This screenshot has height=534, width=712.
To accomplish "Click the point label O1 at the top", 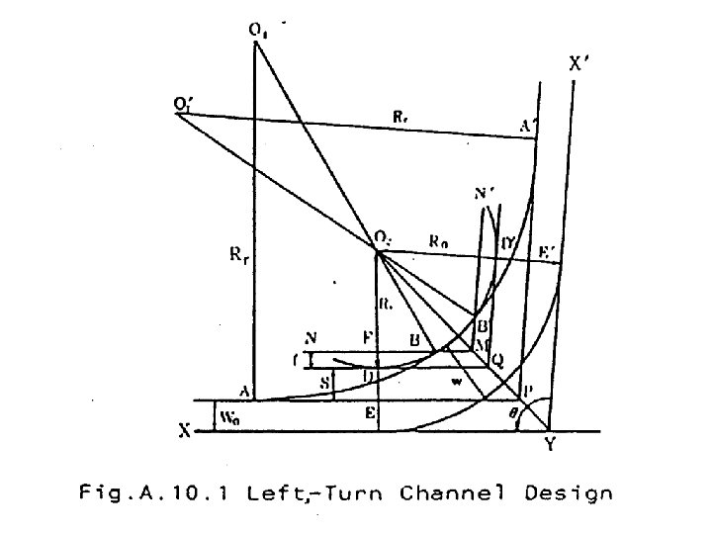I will pyautogui.click(x=257, y=32).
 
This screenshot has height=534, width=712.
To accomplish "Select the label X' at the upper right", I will pyautogui.click(x=580, y=65).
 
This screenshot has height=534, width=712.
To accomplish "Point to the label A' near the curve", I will pyautogui.click(x=527, y=126).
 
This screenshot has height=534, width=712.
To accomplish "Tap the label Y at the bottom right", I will pyautogui.click(x=550, y=446).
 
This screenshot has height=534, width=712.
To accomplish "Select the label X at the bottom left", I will pyautogui.click(x=184, y=431).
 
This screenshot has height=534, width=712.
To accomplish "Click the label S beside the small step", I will pyautogui.click(x=322, y=380).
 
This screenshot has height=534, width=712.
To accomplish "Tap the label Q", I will pyautogui.click(x=496, y=362).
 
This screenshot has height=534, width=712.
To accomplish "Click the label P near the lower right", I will pyautogui.click(x=527, y=391).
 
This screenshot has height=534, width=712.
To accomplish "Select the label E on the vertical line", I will pyautogui.click(x=368, y=415).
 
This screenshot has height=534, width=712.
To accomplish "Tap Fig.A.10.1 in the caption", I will pyautogui.click(x=152, y=492).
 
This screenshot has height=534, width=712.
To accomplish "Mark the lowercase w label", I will pyautogui.click(x=456, y=380).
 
